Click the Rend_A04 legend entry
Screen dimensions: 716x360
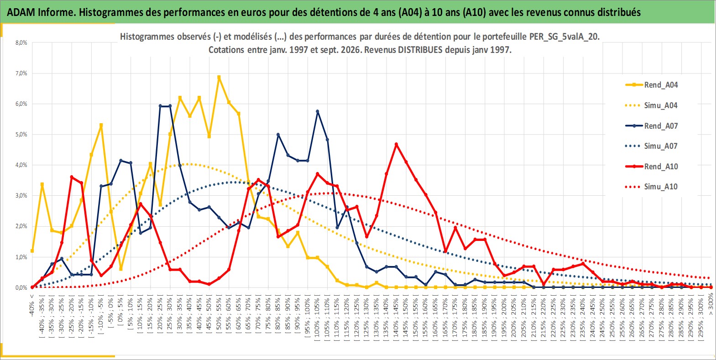pyautogui.click(x=652, y=85)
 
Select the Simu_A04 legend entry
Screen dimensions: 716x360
pyautogui.click(x=652, y=105)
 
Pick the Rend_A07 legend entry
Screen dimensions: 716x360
pyautogui.click(x=652, y=125)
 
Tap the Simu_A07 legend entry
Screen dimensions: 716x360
pyautogui.click(x=652, y=146)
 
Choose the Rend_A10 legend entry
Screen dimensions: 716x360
pyautogui.click(x=652, y=166)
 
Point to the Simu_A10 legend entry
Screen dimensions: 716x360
pyautogui.click(x=652, y=187)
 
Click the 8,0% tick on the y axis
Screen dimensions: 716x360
pyautogui.click(x=21, y=42)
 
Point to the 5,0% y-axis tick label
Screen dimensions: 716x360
pyautogui.click(x=21, y=134)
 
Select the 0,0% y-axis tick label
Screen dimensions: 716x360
pyautogui.click(x=21, y=287)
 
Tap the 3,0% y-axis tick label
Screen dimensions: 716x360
pyautogui.click(x=21, y=195)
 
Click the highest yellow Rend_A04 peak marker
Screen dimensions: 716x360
pyautogui.click(x=219, y=77)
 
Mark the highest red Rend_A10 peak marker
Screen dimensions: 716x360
pyautogui.click(x=397, y=145)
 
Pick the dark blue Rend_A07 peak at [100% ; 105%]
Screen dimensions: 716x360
pyautogui.click(x=318, y=112)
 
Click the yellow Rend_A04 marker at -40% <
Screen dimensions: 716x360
pyautogui.click(x=32, y=250)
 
